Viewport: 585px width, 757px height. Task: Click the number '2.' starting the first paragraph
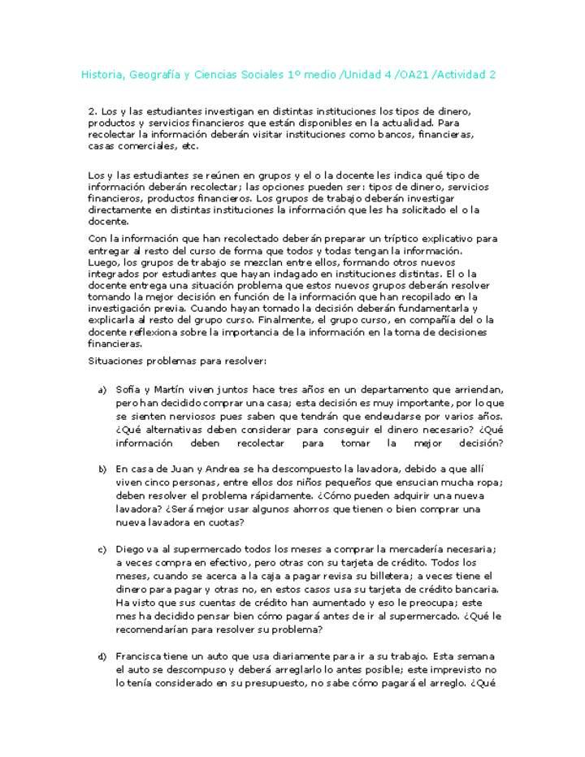92,110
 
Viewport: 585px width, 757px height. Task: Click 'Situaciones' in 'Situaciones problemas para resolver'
114,360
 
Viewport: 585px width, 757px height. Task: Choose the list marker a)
102,391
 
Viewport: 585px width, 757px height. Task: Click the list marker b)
102,469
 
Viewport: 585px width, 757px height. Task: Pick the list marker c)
102,550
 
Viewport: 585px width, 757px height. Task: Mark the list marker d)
102,656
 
